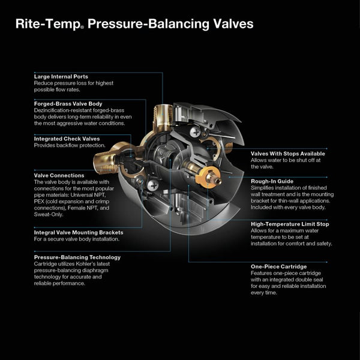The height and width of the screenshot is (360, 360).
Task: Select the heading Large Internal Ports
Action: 61,77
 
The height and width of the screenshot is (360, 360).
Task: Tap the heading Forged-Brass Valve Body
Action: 68,103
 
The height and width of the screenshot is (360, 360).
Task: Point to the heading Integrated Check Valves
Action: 67,139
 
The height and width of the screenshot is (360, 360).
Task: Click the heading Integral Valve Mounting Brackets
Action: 79,232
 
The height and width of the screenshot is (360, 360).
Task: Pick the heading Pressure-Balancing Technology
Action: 77,257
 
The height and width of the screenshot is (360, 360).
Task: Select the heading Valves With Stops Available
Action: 289,153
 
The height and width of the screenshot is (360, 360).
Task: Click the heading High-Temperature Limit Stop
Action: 290,224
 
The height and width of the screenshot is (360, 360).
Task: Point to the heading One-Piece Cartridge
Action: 278,266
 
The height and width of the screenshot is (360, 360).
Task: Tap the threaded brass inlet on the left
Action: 103,160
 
